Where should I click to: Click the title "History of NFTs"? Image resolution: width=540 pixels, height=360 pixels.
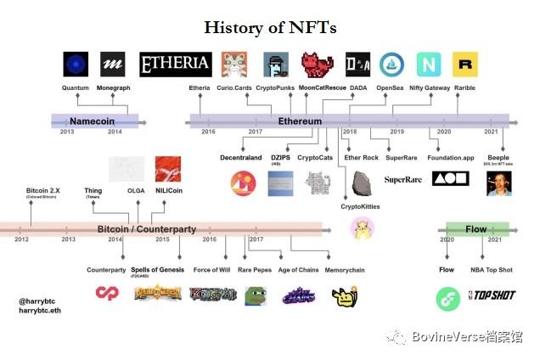pos(270,27)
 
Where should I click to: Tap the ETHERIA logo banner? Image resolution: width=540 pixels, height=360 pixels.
pos(176,64)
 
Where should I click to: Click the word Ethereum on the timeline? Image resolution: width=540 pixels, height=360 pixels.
pos(300,121)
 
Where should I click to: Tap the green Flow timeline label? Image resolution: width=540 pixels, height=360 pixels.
pos(476,228)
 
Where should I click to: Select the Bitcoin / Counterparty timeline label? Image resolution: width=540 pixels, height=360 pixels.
pos(146,229)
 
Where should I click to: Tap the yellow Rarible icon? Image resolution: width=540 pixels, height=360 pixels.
pos(464,65)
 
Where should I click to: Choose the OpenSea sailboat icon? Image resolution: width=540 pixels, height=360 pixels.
pos(391,65)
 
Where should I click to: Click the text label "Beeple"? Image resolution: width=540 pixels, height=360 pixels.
pos(497,157)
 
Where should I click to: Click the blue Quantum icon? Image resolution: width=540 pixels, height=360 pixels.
pos(76,65)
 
